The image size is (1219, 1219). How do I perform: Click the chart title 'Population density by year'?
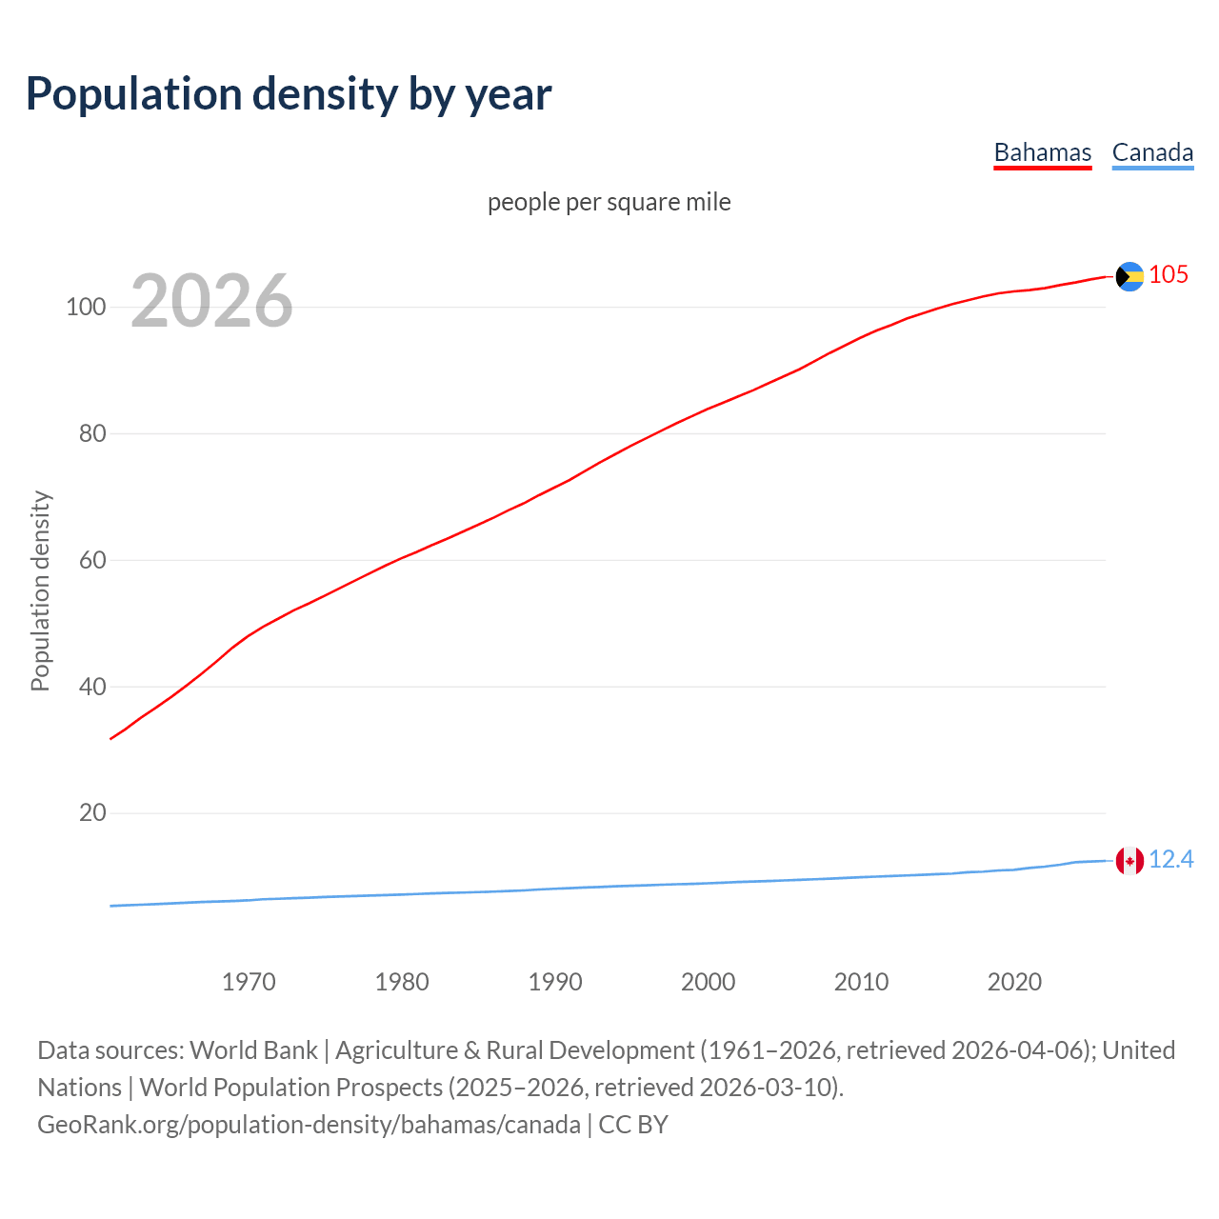point(289,94)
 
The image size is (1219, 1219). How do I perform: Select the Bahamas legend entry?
point(1042,152)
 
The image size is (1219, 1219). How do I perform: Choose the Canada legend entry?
point(1152,152)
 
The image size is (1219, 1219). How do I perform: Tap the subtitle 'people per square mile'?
point(609,202)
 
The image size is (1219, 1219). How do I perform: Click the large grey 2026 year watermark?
point(211,301)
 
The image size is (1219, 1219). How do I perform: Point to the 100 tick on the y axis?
point(86,308)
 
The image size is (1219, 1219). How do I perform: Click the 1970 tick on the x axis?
point(249,982)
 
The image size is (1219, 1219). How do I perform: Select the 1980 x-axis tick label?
point(402,982)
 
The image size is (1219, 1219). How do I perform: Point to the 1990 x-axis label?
point(555,982)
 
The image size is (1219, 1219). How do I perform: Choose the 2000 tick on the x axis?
point(709,982)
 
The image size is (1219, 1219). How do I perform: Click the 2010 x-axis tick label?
point(862,982)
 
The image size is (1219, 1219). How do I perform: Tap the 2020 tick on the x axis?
point(1015,982)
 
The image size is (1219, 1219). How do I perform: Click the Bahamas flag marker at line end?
point(1129,276)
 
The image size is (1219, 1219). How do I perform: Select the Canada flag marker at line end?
point(1129,861)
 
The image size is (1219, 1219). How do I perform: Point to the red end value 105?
point(1169,274)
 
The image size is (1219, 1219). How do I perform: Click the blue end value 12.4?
point(1171,860)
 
